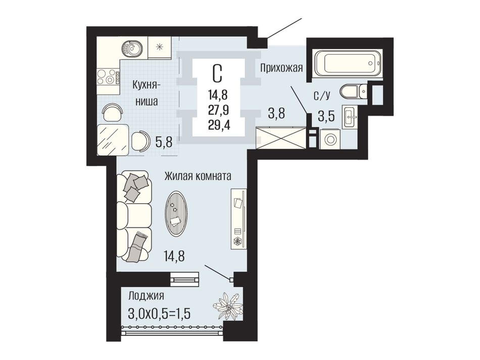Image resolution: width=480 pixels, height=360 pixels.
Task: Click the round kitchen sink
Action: click(132, 48)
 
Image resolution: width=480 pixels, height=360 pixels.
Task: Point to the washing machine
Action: click(330, 139)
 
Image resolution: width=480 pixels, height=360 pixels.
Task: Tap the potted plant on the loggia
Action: click(227, 306)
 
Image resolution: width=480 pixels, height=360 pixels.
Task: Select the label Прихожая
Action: click(281, 68)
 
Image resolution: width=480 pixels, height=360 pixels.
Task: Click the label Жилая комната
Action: click(198, 177)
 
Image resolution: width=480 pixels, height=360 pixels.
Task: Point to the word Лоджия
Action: click(147, 296)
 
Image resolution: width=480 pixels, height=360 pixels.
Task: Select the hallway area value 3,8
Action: click(276, 114)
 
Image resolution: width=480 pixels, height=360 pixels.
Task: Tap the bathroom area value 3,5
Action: click(326, 117)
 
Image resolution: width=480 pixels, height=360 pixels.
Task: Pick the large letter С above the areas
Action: click(217, 73)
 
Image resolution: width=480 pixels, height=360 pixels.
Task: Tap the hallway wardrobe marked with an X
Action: click(281, 138)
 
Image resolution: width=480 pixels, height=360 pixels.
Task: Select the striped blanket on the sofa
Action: click(138, 246)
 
